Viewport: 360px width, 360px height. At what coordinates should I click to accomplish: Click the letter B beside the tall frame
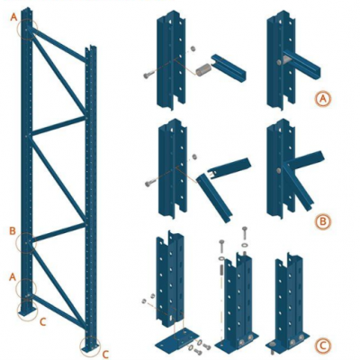pyautogui.click(x=13, y=231)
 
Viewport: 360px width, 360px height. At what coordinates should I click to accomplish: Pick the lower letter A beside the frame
pyautogui.click(x=13, y=277)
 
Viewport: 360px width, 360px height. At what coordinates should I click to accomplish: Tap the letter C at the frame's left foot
pyautogui.click(x=45, y=319)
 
